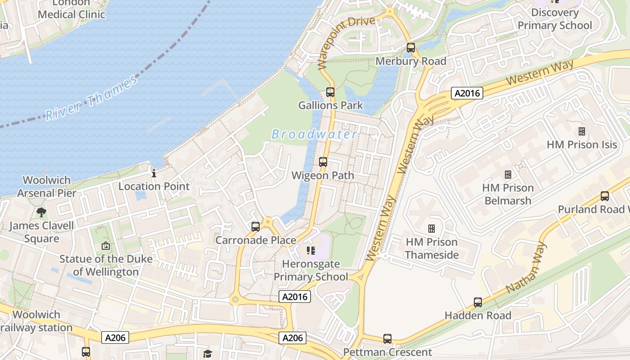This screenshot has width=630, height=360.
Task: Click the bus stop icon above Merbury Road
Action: [410, 47]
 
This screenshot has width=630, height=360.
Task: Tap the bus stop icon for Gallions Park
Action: [330, 92]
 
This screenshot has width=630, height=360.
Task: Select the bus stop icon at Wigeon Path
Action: [323, 162]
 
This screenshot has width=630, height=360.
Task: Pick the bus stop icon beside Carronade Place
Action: [256, 227]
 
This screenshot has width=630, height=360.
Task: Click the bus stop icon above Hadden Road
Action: [478, 302]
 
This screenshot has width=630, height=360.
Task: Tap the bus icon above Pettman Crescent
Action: [387, 339]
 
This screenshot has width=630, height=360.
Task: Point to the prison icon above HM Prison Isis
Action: [581, 131]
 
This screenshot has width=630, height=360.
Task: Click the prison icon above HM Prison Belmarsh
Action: [508, 174]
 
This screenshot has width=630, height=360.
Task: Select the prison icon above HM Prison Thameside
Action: [432, 229]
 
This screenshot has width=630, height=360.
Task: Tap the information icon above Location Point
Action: [154, 173]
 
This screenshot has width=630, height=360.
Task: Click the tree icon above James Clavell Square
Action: [41, 212]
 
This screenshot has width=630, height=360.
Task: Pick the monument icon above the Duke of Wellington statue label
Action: [106, 246]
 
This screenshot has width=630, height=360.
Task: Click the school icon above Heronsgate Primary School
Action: [310, 250]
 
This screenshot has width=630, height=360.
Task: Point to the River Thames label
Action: [91, 99]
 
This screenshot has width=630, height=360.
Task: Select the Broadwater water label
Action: [315, 134]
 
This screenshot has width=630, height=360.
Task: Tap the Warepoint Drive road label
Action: [346, 43]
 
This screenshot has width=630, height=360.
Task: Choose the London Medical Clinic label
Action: [72, 9]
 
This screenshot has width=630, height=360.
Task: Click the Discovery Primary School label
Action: [555, 19]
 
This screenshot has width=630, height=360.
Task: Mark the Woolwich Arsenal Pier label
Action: [47, 186]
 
